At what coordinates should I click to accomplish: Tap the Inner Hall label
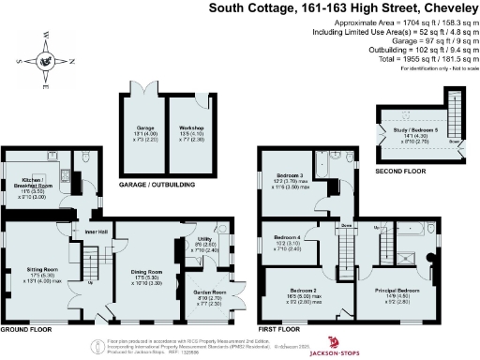(97, 232)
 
